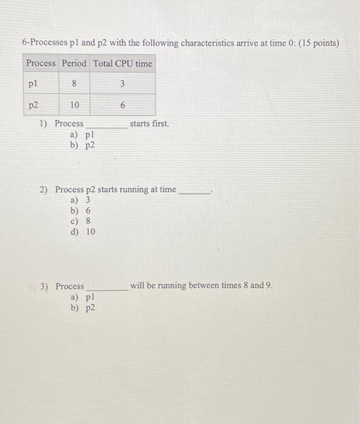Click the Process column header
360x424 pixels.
(41, 64)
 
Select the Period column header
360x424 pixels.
(74, 64)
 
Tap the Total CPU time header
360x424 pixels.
(122, 64)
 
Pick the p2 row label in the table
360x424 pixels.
(33, 105)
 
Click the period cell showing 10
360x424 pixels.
(74, 105)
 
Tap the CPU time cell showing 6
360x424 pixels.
(122, 105)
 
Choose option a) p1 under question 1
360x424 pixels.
(82, 135)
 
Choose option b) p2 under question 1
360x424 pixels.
(82, 145)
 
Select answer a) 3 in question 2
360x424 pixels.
(81, 200)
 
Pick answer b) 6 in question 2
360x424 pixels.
(81, 210)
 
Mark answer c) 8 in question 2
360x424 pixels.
(81, 220)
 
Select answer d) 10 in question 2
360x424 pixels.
(83, 231)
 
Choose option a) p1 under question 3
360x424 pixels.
(82, 297)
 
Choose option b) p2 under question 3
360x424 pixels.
(82, 308)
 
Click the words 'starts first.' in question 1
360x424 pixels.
(150, 124)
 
